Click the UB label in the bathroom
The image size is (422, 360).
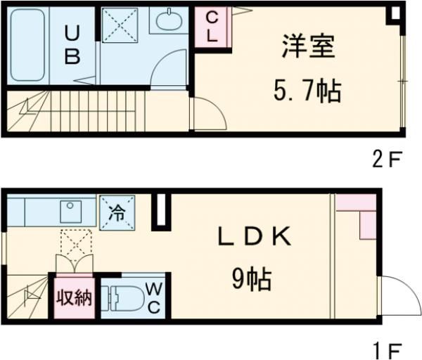pyautogui.click(x=72, y=45)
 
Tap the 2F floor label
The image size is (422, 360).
pyautogui.click(x=386, y=159)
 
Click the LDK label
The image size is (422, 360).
pyautogui.click(x=254, y=238)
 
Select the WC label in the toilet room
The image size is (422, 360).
pyautogui.click(x=155, y=298)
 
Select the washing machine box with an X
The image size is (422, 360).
pyautogui.click(x=120, y=27)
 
